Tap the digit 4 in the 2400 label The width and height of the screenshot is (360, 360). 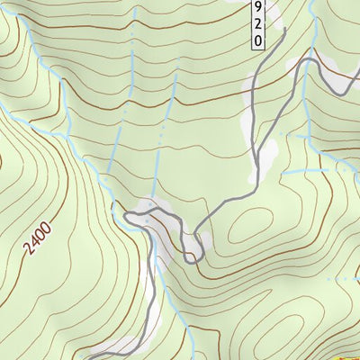pos(35,241)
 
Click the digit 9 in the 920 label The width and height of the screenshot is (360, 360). pos(258,8)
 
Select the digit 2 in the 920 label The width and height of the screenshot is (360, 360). pos(258,24)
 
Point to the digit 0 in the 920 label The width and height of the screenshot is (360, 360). pos(258,40)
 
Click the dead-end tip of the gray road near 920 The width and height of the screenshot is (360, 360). pos(284,30)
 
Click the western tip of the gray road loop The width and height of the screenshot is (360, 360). pos(126,215)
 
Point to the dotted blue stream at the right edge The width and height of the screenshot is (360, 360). pos(346,279)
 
